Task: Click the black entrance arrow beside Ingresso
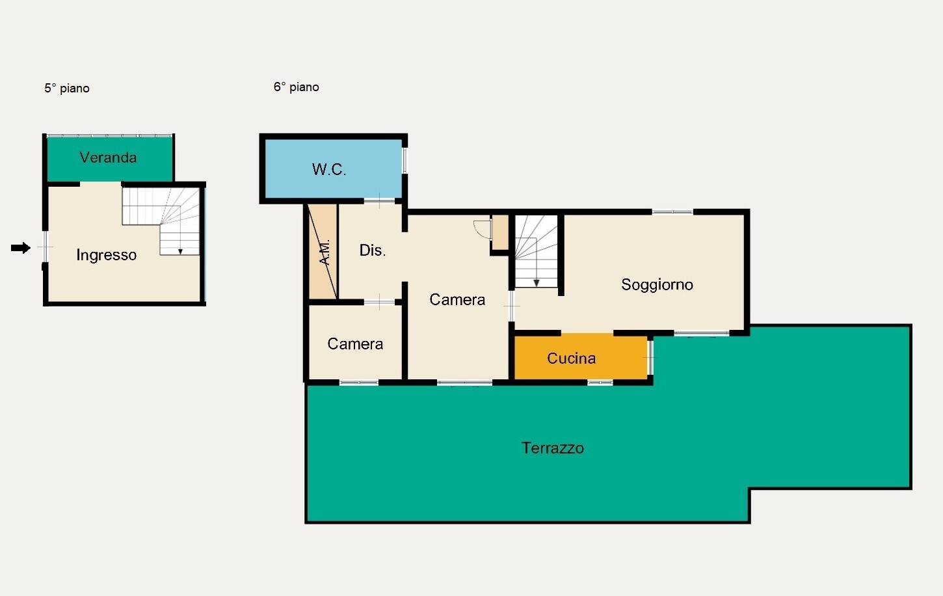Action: pyautogui.click(x=21, y=248)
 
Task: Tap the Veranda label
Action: pyautogui.click(x=108, y=157)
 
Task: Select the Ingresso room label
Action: pyautogui.click(x=107, y=255)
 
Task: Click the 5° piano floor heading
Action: pyautogui.click(x=67, y=88)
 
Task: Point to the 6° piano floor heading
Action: pyautogui.click(x=297, y=87)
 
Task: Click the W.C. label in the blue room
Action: pyautogui.click(x=329, y=169)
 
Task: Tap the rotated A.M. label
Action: pyautogui.click(x=325, y=252)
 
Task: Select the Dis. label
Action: pyautogui.click(x=372, y=251)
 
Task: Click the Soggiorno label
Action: pyautogui.click(x=657, y=285)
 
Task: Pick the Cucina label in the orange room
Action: pyautogui.click(x=571, y=358)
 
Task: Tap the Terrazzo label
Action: pyautogui.click(x=553, y=448)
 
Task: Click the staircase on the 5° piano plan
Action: pyautogui.click(x=161, y=221)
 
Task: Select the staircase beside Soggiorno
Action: pyautogui.click(x=537, y=251)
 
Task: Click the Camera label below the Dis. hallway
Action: pyautogui.click(x=355, y=344)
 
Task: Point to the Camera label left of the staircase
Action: pyautogui.click(x=457, y=299)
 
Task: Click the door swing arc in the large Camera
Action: pyautogui.click(x=481, y=229)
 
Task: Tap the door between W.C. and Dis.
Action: pyautogui.click(x=379, y=201)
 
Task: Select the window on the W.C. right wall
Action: pyautogui.click(x=405, y=160)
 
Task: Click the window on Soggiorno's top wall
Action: pyautogui.click(x=672, y=211)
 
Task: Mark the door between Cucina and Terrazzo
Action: pyautogui.click(x=650, y=357)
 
